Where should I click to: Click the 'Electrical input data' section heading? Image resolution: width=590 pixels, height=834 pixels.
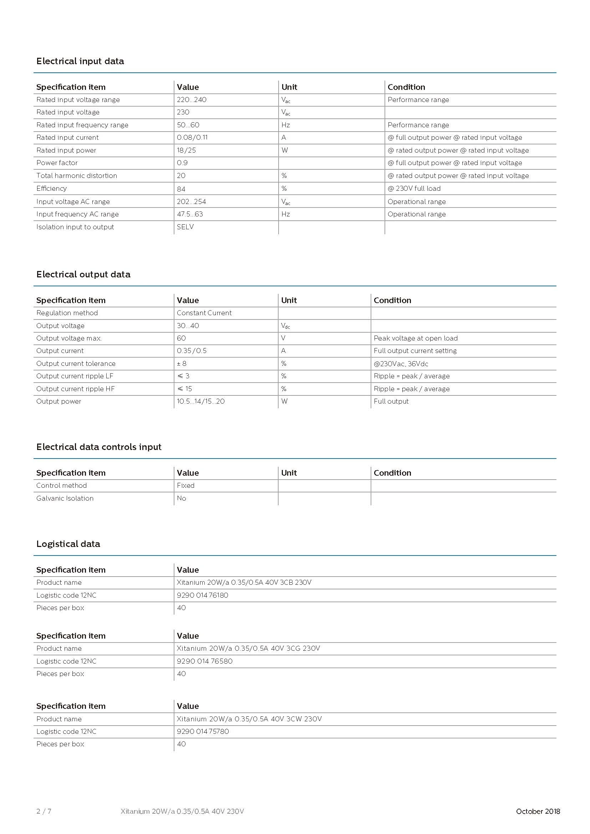pos(80,61)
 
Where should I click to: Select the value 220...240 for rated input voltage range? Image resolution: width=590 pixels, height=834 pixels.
pos(192,100)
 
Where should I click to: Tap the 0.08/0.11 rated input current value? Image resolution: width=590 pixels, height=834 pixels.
pos(192,138)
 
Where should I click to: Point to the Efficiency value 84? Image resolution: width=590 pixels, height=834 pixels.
pos(181,189)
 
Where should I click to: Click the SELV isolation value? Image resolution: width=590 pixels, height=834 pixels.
pos(185,227)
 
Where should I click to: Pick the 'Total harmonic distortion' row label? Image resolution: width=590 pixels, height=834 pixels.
pos(77,176)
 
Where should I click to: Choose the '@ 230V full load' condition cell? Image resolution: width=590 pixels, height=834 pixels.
pos(414,189)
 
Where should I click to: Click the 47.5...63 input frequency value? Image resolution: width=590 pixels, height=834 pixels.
pos(190,214)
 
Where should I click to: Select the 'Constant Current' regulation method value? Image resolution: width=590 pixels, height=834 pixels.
pos(204,313)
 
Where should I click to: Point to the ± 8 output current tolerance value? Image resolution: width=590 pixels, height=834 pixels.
pos(182,364)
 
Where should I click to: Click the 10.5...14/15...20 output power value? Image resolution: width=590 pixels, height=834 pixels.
pos(200,401)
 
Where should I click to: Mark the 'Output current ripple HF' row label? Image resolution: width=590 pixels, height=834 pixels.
pos(75,389)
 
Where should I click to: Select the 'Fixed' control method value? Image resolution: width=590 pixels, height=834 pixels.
pos(185,486)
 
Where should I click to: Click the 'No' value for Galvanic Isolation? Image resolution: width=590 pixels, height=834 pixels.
pos(181,498)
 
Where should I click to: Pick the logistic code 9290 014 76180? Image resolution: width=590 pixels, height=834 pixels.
pos(202,595)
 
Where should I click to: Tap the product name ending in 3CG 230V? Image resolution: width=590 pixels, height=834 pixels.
pos(248,648)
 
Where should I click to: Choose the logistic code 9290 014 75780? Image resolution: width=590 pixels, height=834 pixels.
pos(203,732)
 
